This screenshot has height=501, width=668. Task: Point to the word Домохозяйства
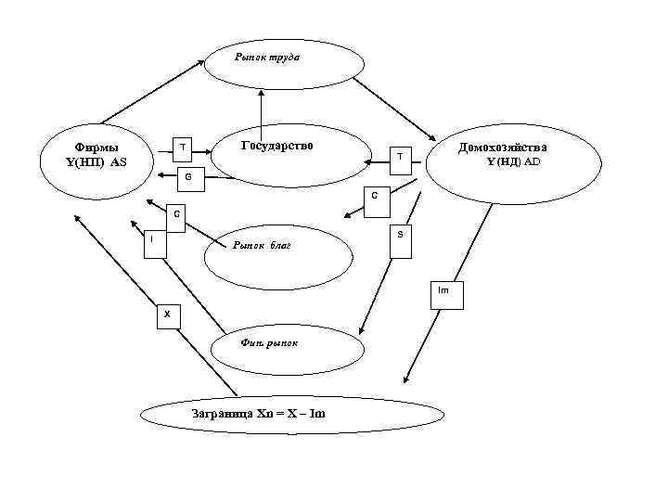(503, 148)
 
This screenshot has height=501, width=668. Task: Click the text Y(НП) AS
(94, 162)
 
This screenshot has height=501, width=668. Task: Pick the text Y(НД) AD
(513, 162)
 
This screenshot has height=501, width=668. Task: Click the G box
(188, 176)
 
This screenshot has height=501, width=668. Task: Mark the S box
(400, 236)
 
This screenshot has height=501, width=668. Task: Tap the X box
(167, 315)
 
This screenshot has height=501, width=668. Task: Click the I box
(152, 240)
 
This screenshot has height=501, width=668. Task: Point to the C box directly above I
(175, 214)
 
